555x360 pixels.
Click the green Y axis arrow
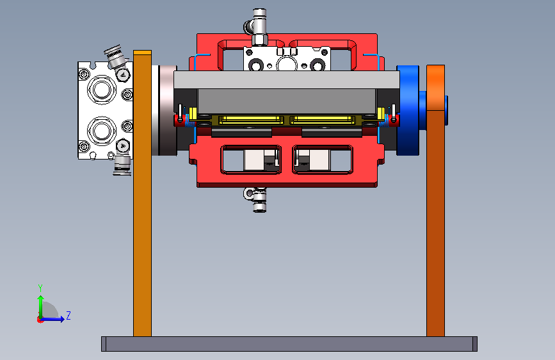[x=41, y=306]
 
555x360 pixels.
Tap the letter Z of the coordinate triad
[x=68, y=315]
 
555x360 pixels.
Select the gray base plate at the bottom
[x=289, y=344]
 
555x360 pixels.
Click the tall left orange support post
[x=142, y=193]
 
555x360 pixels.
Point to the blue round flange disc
[x=408, y=110]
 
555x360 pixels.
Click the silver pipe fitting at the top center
[x=258, y=27]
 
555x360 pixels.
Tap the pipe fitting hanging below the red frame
[x=258, y=200]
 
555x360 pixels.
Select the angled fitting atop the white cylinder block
[x=117, y=57]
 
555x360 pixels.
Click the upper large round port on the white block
[x=102, y=89]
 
